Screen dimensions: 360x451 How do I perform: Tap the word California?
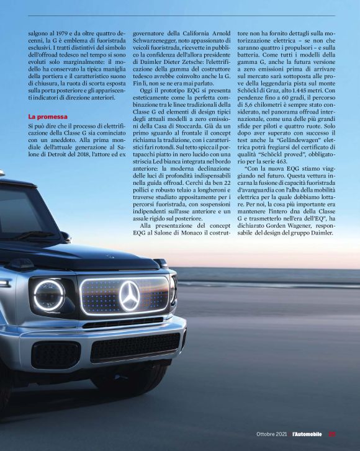[192, 32]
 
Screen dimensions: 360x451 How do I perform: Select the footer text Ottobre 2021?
[272, 434]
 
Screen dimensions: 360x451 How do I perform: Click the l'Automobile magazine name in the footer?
[307, 434]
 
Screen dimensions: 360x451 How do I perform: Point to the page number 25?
[331, 434]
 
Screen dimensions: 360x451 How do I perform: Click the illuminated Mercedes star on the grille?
[129, 296]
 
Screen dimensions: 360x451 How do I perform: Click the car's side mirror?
[65, 236]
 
